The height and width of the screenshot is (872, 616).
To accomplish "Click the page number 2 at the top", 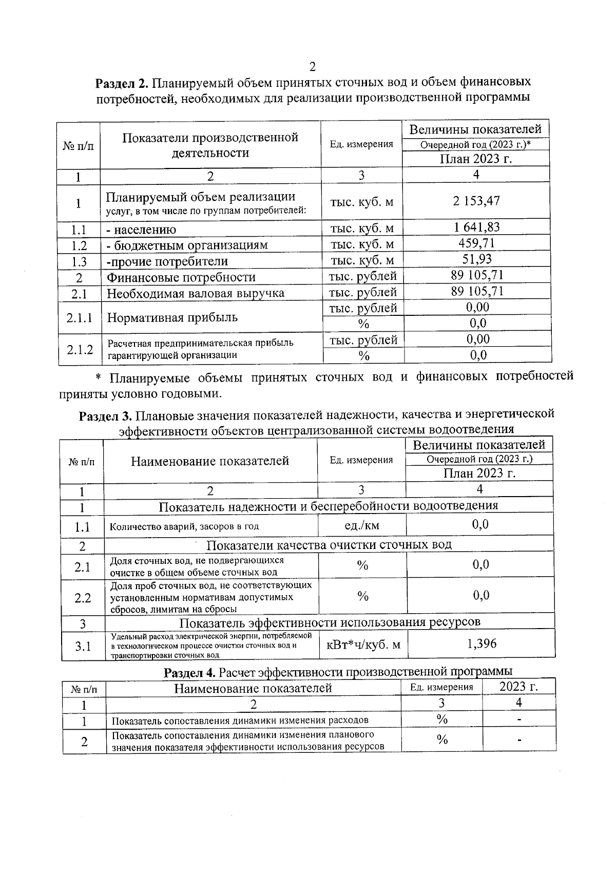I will [312, 67].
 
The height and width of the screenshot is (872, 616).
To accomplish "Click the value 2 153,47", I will [476, 201].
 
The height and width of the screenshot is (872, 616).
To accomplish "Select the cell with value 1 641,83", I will [476, 227].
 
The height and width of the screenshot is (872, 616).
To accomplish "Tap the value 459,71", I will [476, 243].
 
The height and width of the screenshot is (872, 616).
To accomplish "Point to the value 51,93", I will [476, 259].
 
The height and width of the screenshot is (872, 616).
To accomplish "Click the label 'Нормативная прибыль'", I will [172, 317].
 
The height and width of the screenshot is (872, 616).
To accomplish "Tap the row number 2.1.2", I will [80, 349].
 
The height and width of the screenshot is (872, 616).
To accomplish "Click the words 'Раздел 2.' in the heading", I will [122, 83].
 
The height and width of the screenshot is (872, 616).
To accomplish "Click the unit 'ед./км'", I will [362, 525].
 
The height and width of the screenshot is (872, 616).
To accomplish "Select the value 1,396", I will [482, 643].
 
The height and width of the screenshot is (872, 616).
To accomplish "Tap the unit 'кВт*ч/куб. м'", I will [363, 644].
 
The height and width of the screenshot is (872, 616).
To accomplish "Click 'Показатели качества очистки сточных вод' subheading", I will [329, 544].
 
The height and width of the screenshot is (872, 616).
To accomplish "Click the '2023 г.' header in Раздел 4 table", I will [518, 687].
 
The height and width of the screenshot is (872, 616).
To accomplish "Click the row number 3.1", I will [83, 646].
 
